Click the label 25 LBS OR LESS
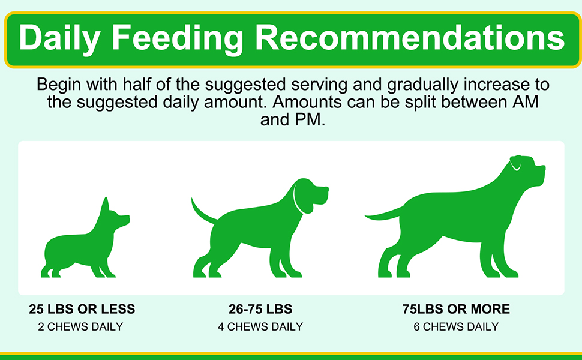82,310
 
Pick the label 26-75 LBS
260,310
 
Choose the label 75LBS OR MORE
456,310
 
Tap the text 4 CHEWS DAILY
260,327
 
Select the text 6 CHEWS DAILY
456,327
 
